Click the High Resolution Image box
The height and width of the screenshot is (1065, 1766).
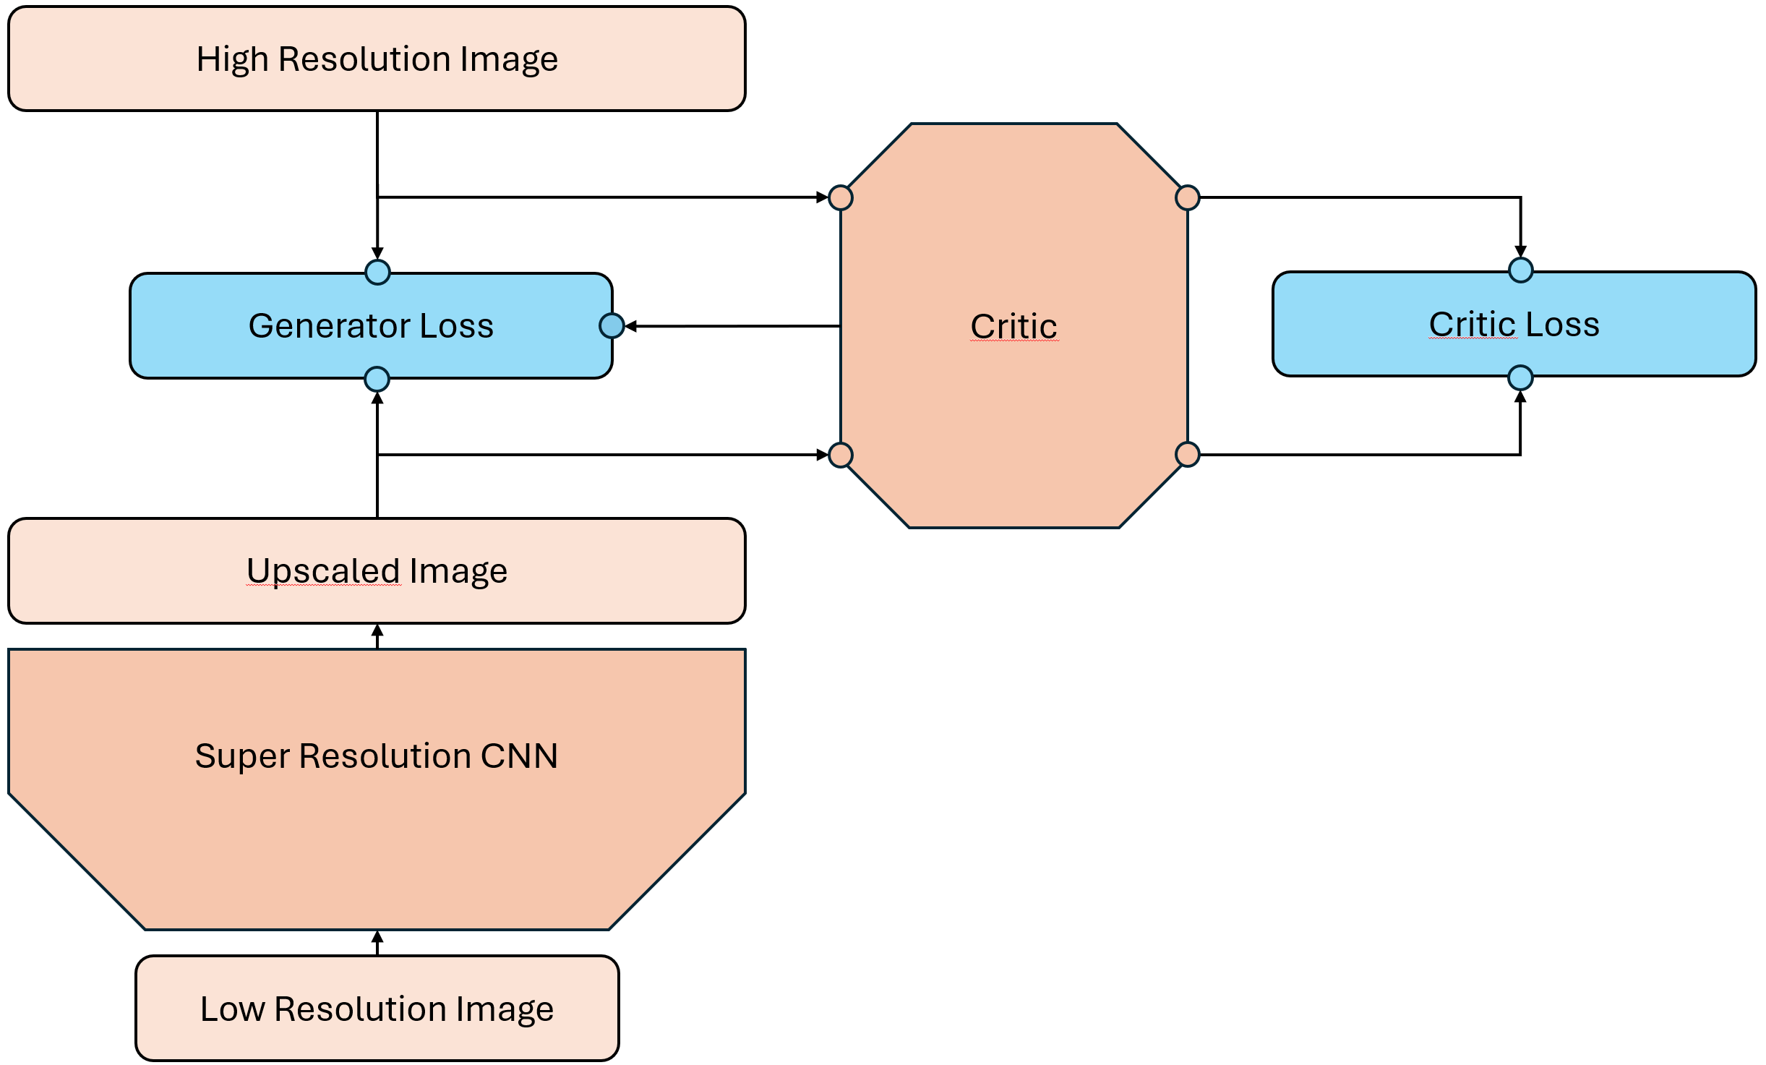pyautogui.click(x=377, y=59)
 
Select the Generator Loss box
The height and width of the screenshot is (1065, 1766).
pyautogui.click(x=371, y=326)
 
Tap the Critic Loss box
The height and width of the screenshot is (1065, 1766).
pyautogui.click(x=1514, y=325)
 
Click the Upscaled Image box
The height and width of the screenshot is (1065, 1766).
pyautogui.click(x=377, y=570)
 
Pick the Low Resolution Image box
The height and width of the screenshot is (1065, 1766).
pyautogui.click(x=377, y=1009)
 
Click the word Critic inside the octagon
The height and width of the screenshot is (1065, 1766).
pyautogui.click(x=1013, y=326)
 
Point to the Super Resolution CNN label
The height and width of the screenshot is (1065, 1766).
pyautogui.click(x=377, y=756)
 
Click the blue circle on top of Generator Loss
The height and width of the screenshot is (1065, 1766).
pyautogui.click(x=377, y=273)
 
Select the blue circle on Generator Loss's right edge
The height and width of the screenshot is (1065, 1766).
pyautogui.click(x=612, y=326)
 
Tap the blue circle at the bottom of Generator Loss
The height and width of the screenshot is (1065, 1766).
pyautogui.click(x=377, y=379)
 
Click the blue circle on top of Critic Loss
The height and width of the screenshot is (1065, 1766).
pyautogui.click(x=1521, y=270)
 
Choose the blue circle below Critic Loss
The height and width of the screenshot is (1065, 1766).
pyautogui.click(x=1521, y=377)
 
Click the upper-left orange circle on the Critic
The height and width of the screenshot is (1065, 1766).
pyautogui.click(x=841, y=197)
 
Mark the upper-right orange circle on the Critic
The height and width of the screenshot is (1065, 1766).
pyautogui.click(x=1188, y=197)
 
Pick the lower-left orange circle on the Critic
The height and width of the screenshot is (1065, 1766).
pyautogui.click(x=841, y=455)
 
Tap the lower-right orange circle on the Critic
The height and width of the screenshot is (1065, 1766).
pyautogui.click(x=1188, y=455)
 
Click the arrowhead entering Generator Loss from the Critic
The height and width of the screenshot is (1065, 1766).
pyautogui.click(x=630, y=327)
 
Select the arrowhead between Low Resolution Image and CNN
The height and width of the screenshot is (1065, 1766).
pyautogui.click(x=377, y=937)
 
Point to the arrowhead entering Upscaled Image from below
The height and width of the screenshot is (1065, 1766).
pyautogui.click(x=377, y=630)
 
